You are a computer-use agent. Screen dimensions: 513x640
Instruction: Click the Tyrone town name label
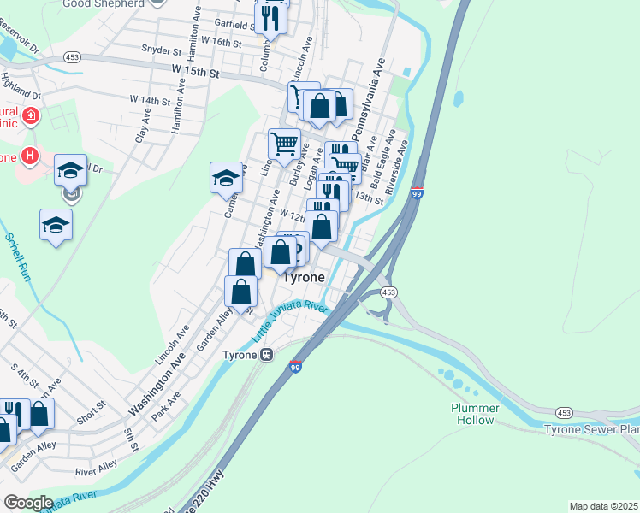pyautogui.click(x=304, y=278)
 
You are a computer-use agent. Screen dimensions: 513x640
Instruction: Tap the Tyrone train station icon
pyautogui.click(x=267, y=355)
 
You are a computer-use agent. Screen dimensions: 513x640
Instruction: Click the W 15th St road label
pyautogui.click(x=196, y=71)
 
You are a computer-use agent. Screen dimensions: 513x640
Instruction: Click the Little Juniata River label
pyautogui.click(x=290, y=323)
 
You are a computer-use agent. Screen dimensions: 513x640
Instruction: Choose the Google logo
pyautogui.click(x=27, y=503)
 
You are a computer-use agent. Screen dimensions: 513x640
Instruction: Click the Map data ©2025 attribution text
pyautogui.click(x=603, y=506)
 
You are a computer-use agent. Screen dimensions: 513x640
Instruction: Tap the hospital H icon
pyautogui.click(x=30, y=156)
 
